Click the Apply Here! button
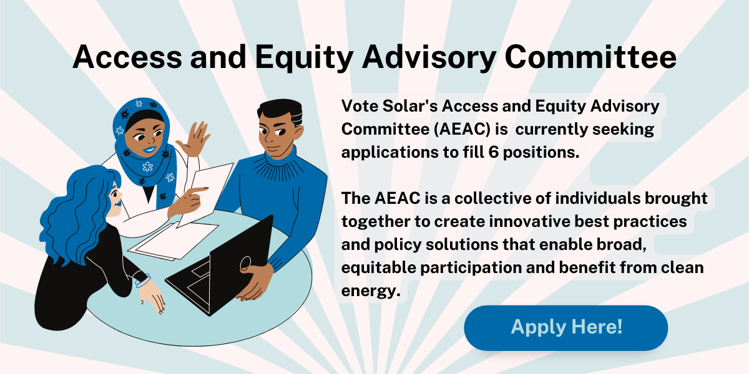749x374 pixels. [565, 327]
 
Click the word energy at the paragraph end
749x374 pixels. [370, 290]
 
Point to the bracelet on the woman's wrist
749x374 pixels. [143, 280]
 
